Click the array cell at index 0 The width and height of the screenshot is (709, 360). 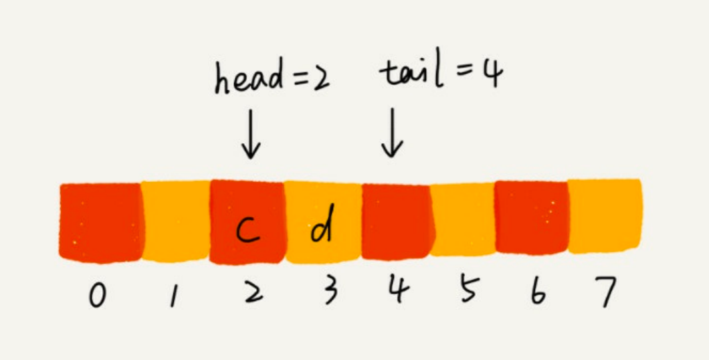(x=101, y=221)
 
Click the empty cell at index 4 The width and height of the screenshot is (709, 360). (x=396, y=221)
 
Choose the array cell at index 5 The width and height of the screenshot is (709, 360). (x=463, y=221)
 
